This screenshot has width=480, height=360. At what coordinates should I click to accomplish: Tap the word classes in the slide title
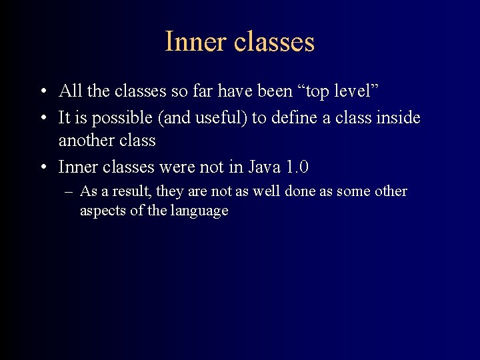tap(274, 41)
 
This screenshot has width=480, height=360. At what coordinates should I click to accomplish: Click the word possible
tap(116, 119)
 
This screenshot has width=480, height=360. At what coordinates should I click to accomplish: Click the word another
tap(85, 141)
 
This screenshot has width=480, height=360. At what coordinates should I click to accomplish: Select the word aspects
tap(101, 211)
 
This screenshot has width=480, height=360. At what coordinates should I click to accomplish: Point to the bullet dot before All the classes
tap(42, 91)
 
